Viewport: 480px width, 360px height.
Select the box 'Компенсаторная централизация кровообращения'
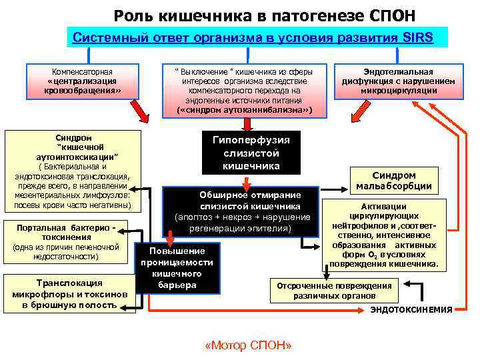[x=82, y=81]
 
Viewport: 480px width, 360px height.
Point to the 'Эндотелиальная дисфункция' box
[x=398, y=81]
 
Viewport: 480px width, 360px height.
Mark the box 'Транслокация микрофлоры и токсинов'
[x=69, y=293]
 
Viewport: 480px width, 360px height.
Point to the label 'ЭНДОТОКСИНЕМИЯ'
[x=411, y=310]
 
